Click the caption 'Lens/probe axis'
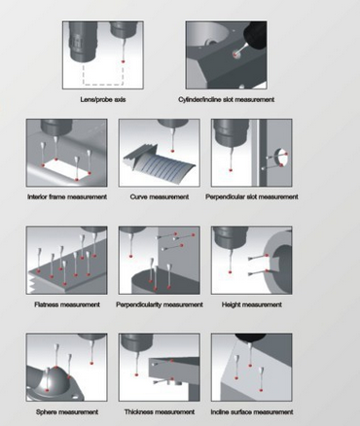tap(103, 99)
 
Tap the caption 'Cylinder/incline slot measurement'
tap(227, 99)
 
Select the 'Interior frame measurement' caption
tap(67, 196)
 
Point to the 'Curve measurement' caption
tap(160, 196)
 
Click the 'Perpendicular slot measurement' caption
tap(252, 196)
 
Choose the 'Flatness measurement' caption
tap(67, 304)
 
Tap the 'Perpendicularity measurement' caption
tap(160, 304)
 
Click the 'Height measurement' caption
tap(252, 304)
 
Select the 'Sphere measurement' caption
tap(67, 412)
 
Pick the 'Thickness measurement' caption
tap(160, 412)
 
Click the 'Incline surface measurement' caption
tap(252, 412)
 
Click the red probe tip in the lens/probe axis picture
tap(123, 61)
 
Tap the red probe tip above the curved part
tap(172, 151)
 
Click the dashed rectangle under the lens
tap(103, 85)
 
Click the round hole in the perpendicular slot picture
tap(281, 158)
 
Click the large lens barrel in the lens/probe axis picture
tap(83, 42)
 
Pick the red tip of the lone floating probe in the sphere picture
tap(91, 363)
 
